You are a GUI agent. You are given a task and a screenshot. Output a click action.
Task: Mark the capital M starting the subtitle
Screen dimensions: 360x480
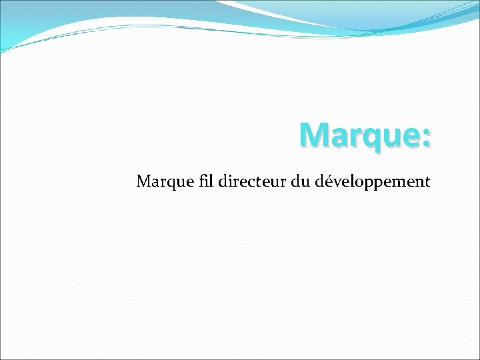(143, 181)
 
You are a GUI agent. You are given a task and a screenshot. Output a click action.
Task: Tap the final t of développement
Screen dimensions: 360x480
(427, 181)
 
